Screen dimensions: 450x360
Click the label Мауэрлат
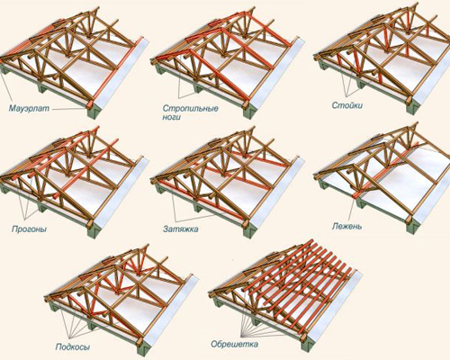29,108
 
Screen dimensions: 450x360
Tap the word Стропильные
191,108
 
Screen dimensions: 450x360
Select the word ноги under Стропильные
172,117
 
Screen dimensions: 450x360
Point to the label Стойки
347,105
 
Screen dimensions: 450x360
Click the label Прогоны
29,229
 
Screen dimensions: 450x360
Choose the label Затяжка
181,229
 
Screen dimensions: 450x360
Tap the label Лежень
346,226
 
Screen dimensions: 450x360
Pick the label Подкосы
73,347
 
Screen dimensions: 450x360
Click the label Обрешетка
234,344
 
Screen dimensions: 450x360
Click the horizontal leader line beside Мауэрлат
68,109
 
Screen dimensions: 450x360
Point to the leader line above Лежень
353,210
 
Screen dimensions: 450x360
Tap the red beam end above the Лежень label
355,195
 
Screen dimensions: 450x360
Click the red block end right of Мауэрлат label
90,105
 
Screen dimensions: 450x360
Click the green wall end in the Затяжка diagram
249,231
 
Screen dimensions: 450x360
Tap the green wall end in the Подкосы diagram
143,348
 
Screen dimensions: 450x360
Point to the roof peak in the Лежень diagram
416,123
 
